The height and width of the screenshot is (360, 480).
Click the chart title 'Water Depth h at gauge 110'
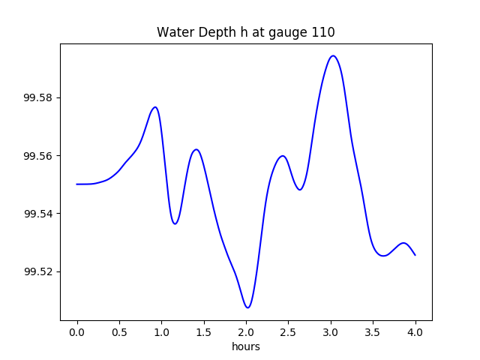(x=245, y=33)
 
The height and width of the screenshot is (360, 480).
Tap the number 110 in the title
(x=323, y=33)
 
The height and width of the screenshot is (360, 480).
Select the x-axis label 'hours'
(x=246, y=346)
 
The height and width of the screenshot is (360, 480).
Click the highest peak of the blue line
(x=333, y=55)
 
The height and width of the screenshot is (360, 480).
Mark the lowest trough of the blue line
(x=247, y=307)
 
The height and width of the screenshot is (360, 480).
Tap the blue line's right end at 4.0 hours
(x=415, y=255)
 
